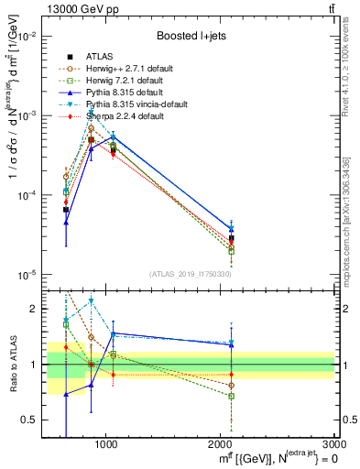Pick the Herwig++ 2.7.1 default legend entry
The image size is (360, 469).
(136, 68)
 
